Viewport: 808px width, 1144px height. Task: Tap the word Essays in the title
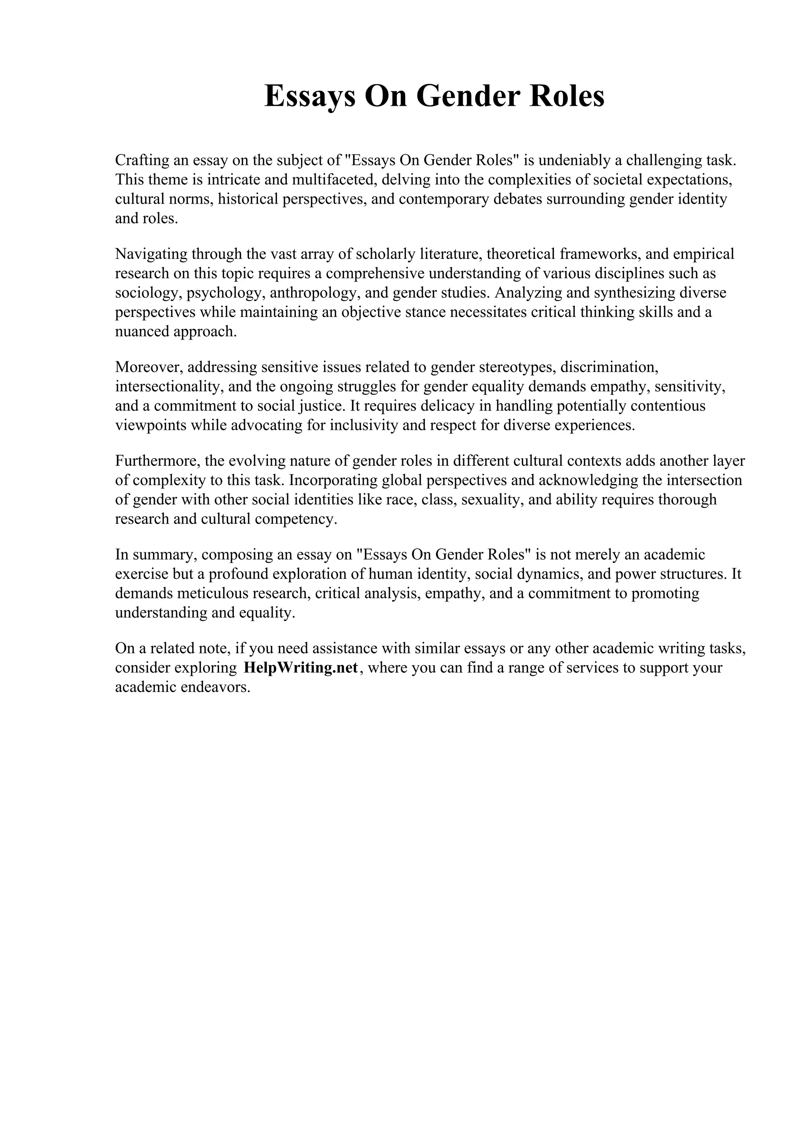310,97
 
